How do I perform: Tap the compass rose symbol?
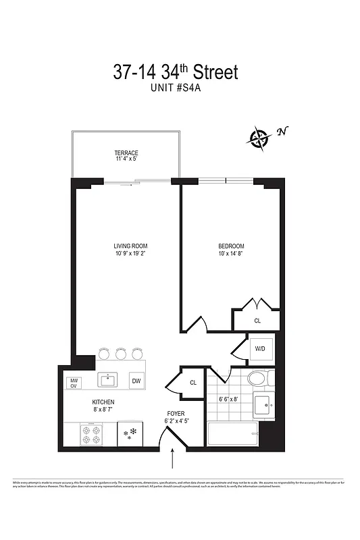[259, 139]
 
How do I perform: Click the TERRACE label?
[126, 153]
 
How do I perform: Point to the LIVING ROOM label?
[130, 246]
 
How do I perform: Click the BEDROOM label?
[231, 246]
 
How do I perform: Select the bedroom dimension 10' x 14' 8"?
[231, 254]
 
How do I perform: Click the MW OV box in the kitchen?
[74, 383]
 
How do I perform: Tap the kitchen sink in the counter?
[109, 381]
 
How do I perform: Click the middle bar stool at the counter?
[121, 353]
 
